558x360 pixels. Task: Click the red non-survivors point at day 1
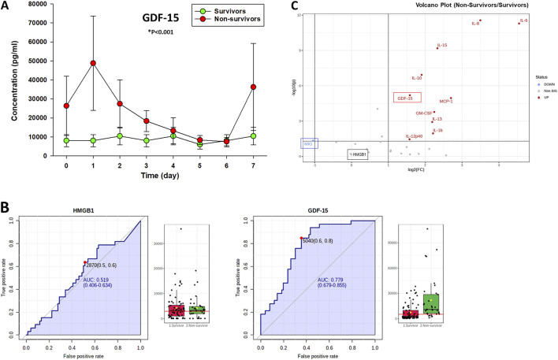pos(93,63)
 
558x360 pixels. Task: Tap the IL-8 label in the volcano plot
pos(475,24)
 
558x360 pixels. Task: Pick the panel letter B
pos(6,208)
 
